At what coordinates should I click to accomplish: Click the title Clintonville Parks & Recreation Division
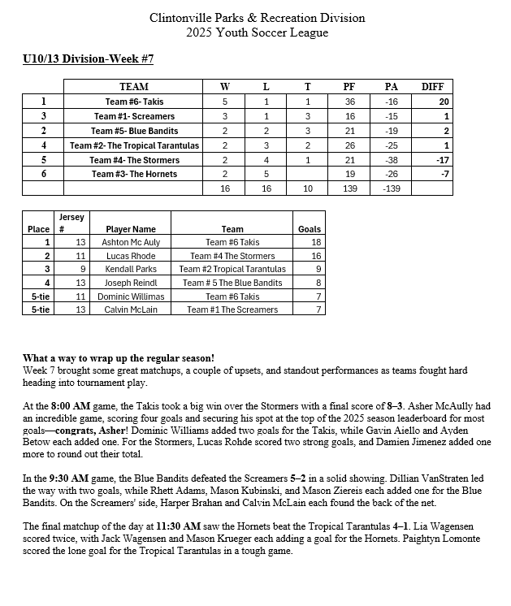(x=258, y=18)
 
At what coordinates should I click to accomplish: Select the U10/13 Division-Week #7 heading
(x=88, y=59)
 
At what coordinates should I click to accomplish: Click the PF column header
(x=349, y=87)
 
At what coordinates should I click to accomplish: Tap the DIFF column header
(x=431, y=87)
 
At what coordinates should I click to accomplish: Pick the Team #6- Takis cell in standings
(x=134, y=102)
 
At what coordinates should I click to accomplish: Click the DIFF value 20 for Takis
(x=444, y=102)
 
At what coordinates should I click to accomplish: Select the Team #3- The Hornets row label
(x=135, y=174)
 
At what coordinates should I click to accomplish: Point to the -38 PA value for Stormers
(x=391, y=160)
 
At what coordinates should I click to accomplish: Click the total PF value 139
(x=349, y=188)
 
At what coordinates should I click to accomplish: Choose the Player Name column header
(x=131, y=229)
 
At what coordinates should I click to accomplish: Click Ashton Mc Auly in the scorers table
(x=131, y=242)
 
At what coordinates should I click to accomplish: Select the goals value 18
(x=316, y=242)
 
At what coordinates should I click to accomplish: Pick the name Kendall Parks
(x=131, y=269)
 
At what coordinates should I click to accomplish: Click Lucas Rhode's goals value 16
(x=316, y=256)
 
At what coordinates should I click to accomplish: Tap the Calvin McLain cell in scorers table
(x=131, y=309)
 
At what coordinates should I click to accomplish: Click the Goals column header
(x=310, y=229)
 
